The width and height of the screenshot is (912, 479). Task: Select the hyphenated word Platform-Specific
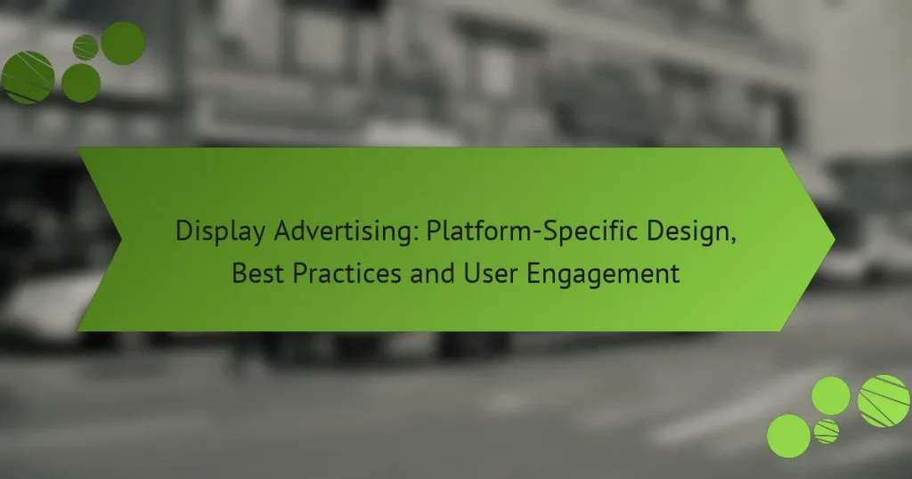point(532,231)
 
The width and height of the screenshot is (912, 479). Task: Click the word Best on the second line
point(257,273)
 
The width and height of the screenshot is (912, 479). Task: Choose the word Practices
point(346,273)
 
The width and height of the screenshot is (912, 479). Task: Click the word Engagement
point(603,274)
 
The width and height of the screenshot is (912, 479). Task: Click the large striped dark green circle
point(28,77)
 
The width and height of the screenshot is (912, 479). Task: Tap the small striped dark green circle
point(85,48)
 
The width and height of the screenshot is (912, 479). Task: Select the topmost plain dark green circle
point(123,43)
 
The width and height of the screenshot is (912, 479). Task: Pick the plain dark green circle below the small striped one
point(81,83)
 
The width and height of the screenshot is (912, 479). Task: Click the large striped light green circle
point(884,402)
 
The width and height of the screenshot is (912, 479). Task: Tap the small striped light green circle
point(826,431)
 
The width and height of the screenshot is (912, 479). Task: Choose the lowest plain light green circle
point(789,436)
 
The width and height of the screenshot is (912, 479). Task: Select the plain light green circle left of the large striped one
point(831,396)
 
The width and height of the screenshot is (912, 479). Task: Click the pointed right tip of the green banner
point(835,239)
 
